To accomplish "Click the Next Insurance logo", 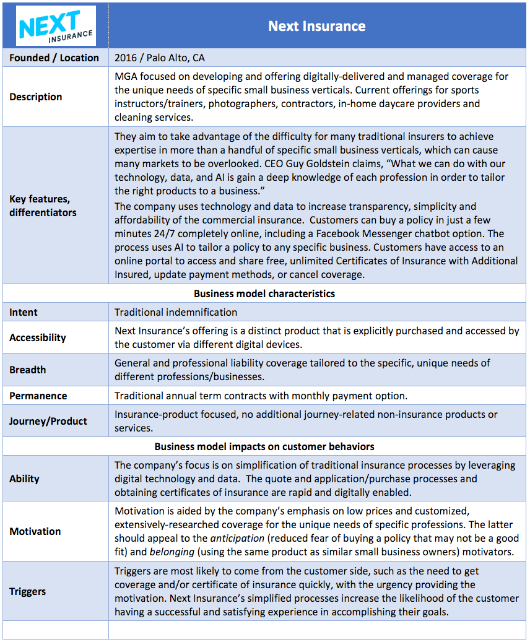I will pyautogui.click(x=56, y=26).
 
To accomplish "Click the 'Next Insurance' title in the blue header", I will pyautogui.click(x=316, y=26).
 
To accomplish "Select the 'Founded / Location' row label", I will pyautogui.click(x=54, y=58).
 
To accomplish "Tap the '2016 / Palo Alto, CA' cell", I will pyautogui.click(x=160, y=58).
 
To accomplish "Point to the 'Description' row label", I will pyautogui.click(x=35, y=97).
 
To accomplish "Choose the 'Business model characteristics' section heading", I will pyautogui.click(x=264, y=293).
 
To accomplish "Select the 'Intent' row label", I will pyautogui.click(x=24, y=312).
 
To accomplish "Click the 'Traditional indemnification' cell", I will pyautogui.click(x=176, y=312).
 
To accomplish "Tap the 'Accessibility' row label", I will pyautogui.click(x=37, y=337).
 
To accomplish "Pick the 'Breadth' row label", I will pyautogui.click(x=27, y=370).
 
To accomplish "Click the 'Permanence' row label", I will pyautogui.click(x=38, y=396).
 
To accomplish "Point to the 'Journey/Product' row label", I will pyautogui.click(x=48, y=421).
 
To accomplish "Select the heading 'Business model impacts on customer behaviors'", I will pyautogui.click(x=264, y=446).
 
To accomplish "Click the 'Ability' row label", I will pyautogui.click(x=24, y=479).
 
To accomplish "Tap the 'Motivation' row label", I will pyautogui.click(x=35, y=531).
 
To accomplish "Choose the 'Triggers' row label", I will pyautogui.click(x=28, y=591).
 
